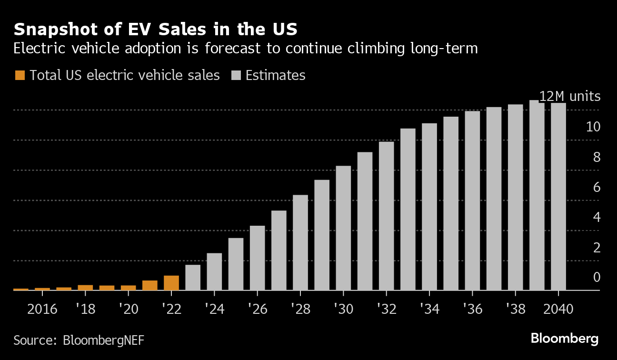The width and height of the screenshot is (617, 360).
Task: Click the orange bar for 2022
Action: pyautogui.click(x=171, y=283)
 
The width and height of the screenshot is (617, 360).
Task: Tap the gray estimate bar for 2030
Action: pyautogui.click(x=343, y=228)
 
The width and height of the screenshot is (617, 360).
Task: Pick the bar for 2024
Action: pyautogui.click(x=214, y=271)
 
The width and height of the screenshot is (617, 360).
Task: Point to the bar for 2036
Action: pyautogui.click(x=472, y=200)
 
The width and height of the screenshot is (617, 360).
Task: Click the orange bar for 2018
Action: pyautogui.click(x=85, y=288)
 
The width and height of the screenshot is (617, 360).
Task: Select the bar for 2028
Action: pyautogui.click(x=300, y=242)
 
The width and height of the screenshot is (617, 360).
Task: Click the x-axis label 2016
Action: pyautogui.click(x=42, y=310)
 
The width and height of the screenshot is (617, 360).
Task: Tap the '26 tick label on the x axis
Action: pyautogui.click(x=257, y=310)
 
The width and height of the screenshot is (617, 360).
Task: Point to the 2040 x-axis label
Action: pyautogui.click(x=558, y=310)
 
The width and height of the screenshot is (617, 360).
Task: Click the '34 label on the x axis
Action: pyautogui.click(x=429, y=310)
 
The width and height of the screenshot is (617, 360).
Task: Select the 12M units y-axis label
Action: pyautogui.click(x=569, y=97)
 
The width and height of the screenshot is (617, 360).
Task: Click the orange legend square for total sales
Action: pyautogui.click(x=20, y=75)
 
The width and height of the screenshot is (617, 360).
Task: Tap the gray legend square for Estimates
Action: pyautogui.click(x=236, y=75)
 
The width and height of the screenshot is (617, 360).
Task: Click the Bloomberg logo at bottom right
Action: pyautogui.click(x=565, y=339)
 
